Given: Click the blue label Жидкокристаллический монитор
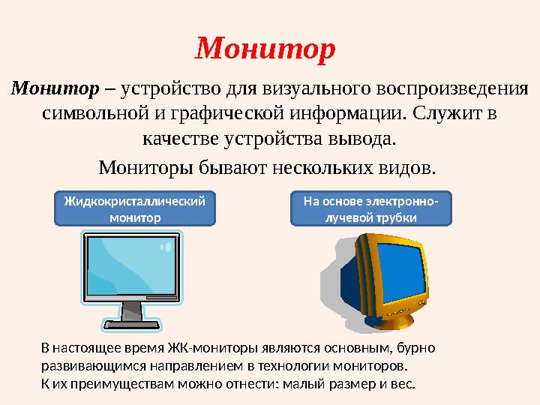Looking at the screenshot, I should click(x=135, y=209).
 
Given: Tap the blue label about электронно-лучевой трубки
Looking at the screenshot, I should click(x=371, y=209).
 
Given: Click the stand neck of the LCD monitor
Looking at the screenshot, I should click(x=132, y=310).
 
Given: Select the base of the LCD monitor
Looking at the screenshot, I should click(x=132, y=325).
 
